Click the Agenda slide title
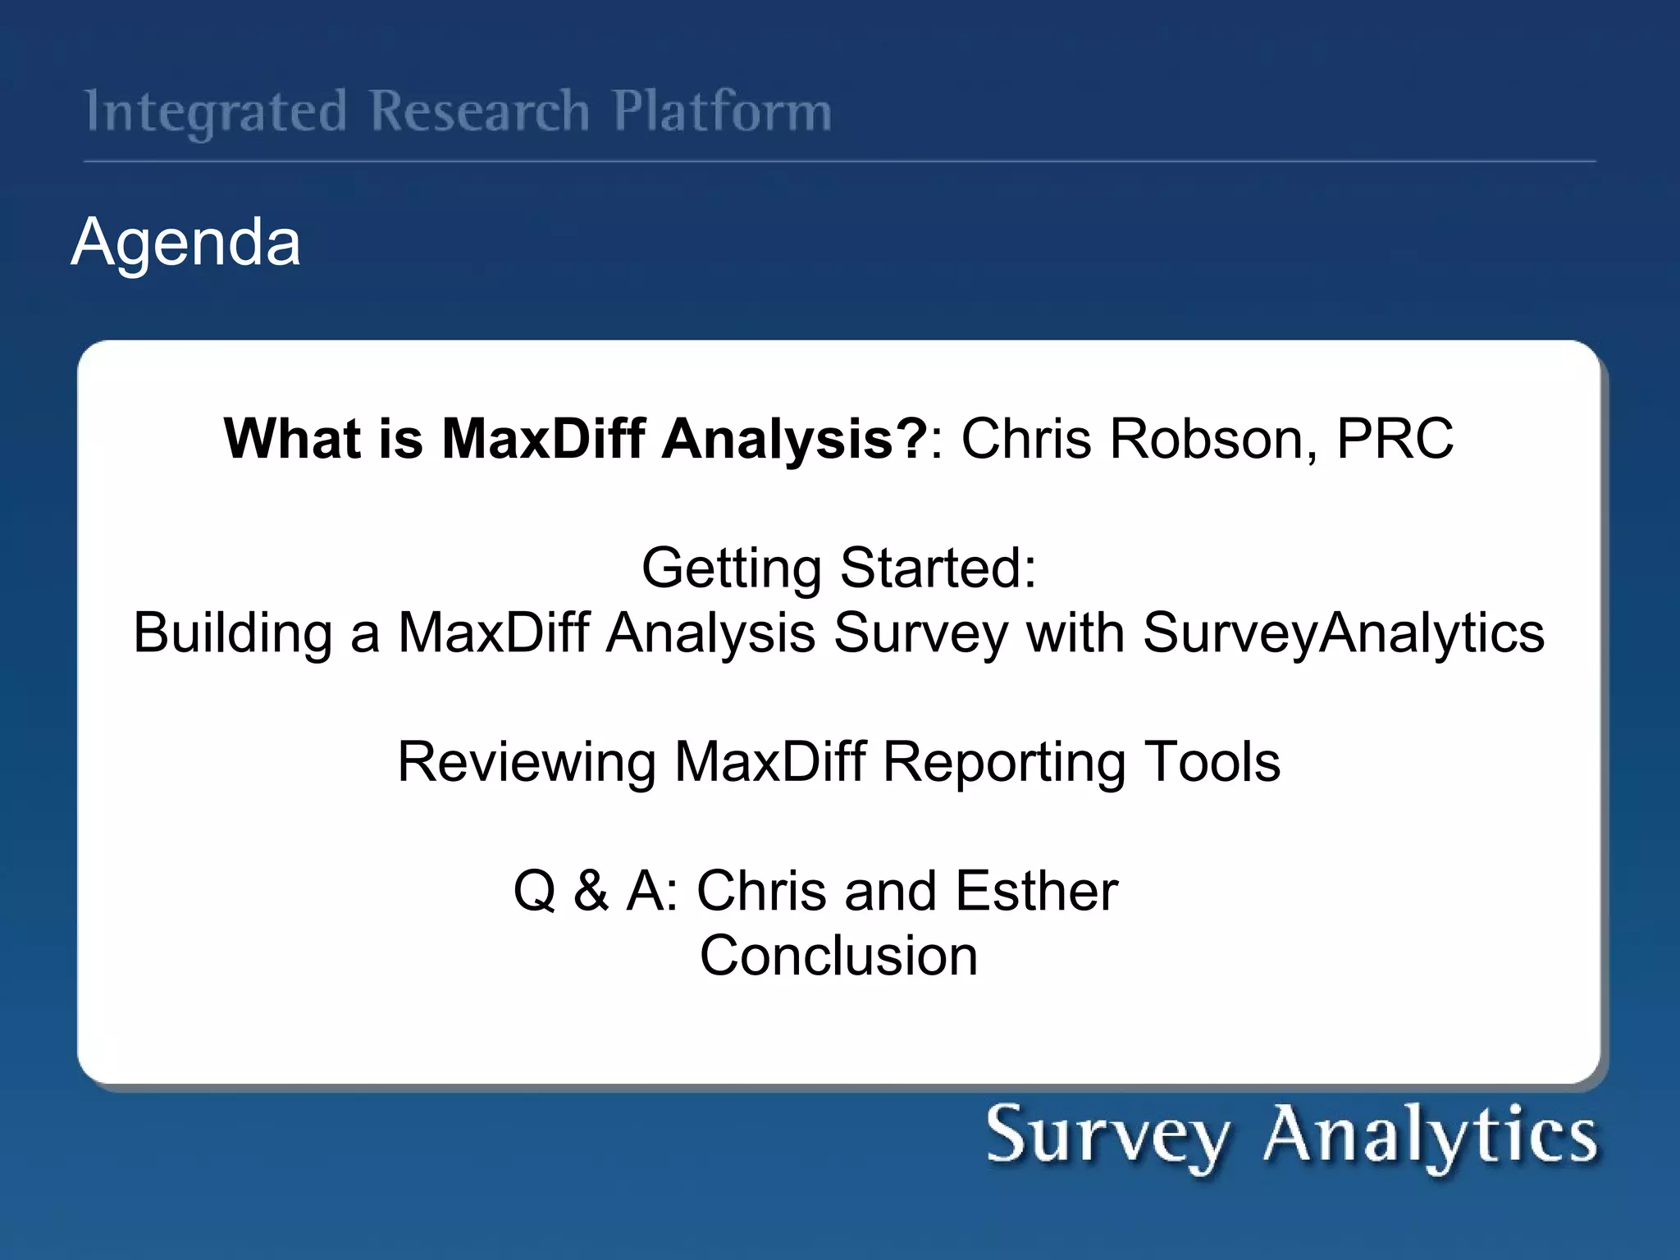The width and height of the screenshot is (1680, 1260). coord(186,241)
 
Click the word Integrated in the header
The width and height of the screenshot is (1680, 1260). coord(216,112)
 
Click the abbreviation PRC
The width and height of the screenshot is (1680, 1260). coord(1395,438)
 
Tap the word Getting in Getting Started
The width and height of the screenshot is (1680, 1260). coord(731,568)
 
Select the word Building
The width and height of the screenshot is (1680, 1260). coord(232,633)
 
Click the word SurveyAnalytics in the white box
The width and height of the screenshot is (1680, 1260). coord(1343,633)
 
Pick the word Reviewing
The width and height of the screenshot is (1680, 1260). coord(526,762)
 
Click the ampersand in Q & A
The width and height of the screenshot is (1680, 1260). coord(591,891)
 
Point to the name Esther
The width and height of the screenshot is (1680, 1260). coord(1036,891)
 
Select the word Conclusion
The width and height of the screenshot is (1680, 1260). coord(838,956)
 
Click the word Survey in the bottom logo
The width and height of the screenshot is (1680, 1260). coord(1107,1136)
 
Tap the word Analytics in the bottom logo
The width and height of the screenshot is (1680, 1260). coord(1431,1136)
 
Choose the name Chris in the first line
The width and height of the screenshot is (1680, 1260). coord(1026,438)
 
